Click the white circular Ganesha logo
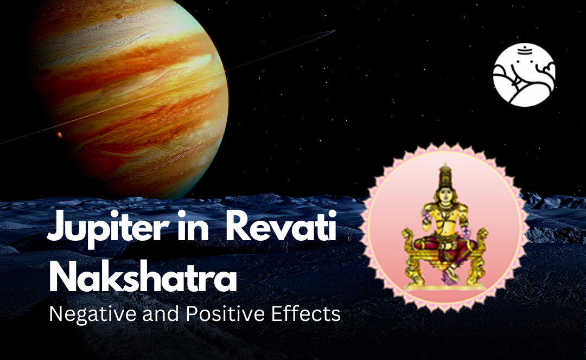point(525,75)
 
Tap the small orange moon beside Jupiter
point(59,134)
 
